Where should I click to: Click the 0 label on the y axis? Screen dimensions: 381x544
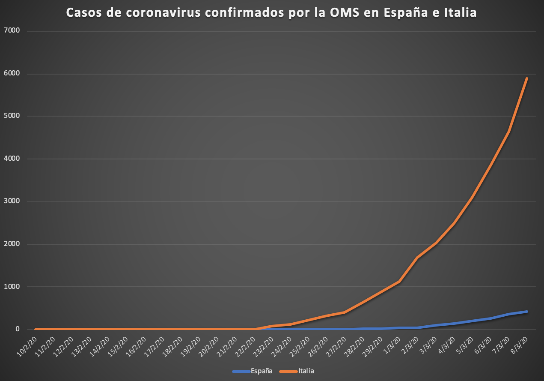point(18,330)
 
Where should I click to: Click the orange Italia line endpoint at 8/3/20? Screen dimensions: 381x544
point(527,78)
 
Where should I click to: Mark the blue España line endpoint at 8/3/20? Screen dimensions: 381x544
point(527,312)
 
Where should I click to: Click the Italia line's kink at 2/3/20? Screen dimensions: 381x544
point(417,257)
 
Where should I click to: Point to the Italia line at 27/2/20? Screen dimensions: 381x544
point(345,312)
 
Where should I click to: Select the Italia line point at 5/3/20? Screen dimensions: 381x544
point(472,198)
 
